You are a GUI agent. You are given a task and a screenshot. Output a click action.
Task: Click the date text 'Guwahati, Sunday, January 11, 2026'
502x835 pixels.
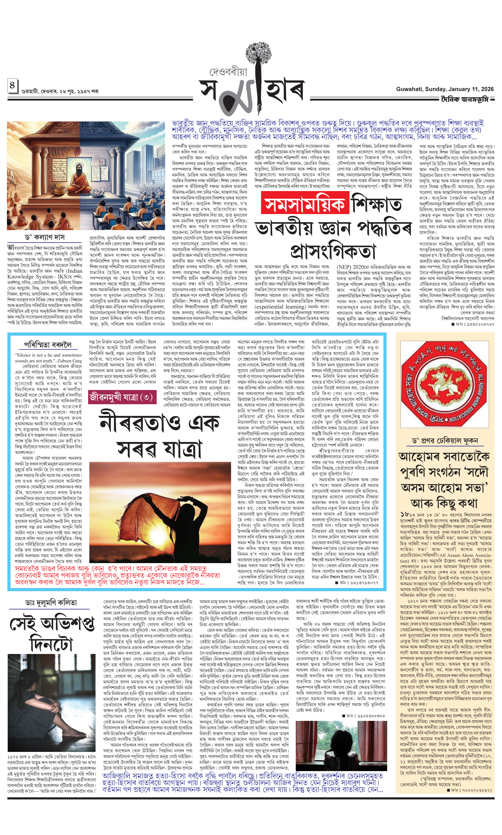pyautogui.click(x=445, y=89)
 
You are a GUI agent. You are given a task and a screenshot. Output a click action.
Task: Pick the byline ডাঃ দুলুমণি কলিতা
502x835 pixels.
pyautogui.click(x=51, y=602)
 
